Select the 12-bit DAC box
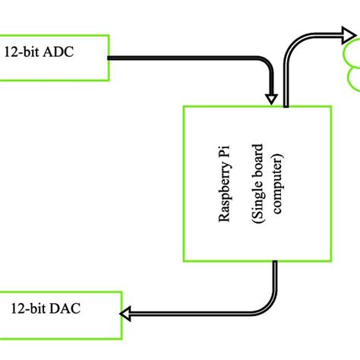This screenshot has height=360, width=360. click(x=60, y=314)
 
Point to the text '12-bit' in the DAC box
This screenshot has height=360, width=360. click(x=26, y=309)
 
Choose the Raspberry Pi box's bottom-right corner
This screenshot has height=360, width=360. click(x=331, y=261)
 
